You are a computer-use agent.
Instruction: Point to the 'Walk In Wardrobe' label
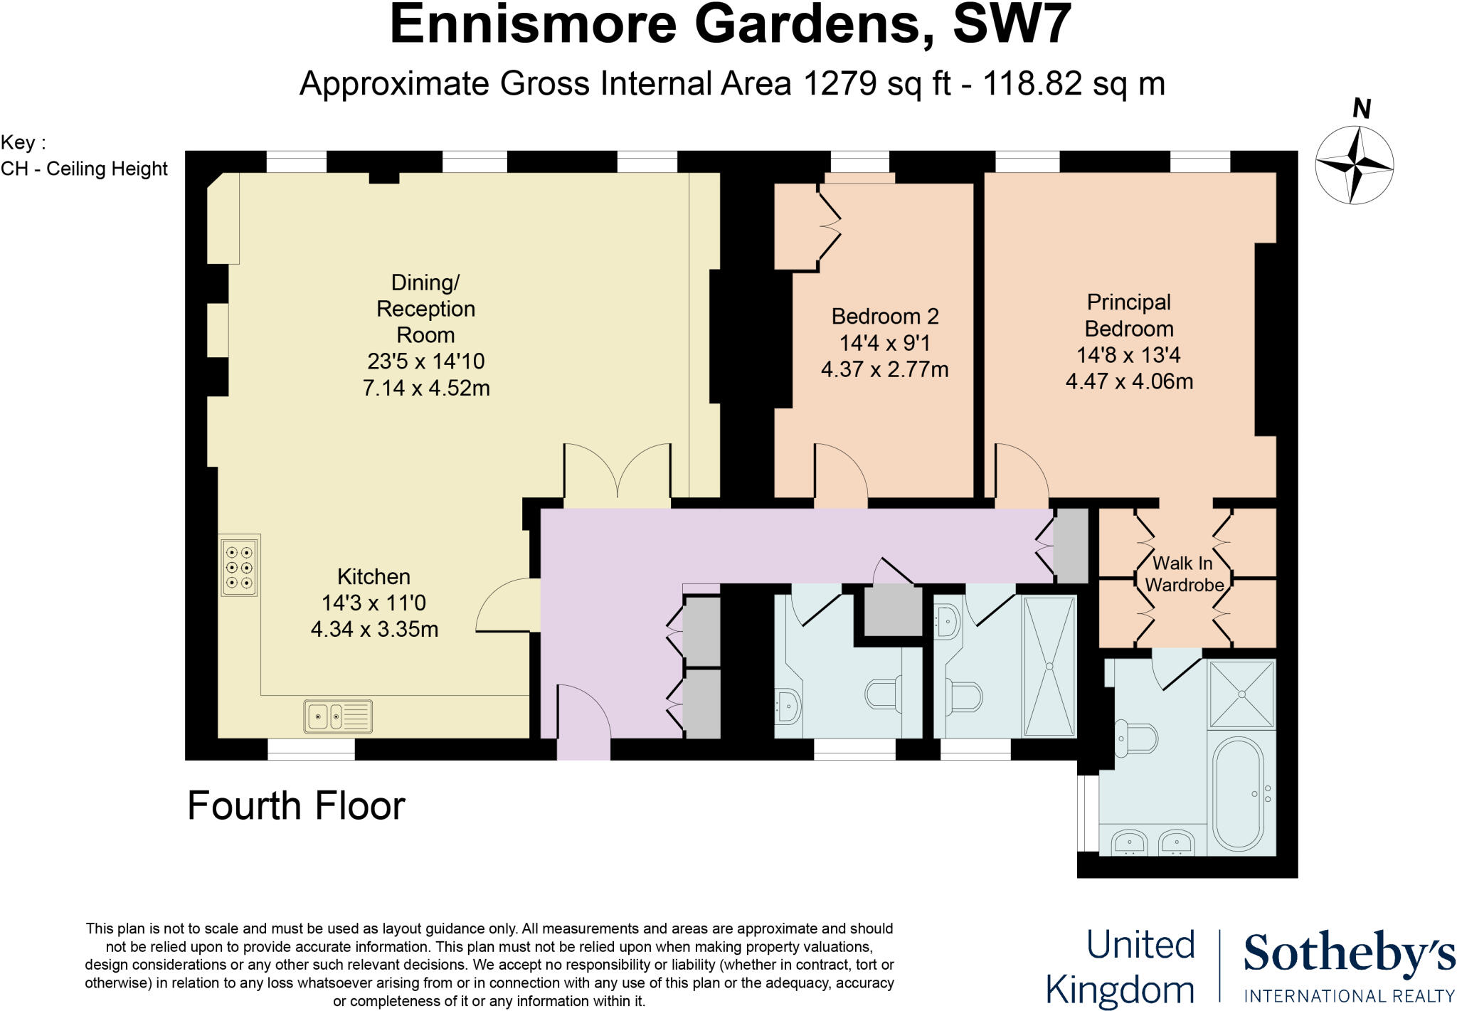click(1183, 574)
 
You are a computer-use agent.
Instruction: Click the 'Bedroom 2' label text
click(885, 317)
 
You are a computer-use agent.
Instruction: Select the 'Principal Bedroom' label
click(1128, 315)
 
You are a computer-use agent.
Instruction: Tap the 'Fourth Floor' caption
click(296, 806)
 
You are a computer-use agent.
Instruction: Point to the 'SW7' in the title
click(1012, 24)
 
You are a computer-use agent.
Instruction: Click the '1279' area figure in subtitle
click(839, 84)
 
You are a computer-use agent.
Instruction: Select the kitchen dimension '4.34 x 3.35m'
click(374, 630)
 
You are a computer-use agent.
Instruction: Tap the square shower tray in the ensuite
click(1241, 694)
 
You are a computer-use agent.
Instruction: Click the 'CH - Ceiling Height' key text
click(85, 169)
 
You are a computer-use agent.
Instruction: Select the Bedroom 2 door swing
click(840, 471)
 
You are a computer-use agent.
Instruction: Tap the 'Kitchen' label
click(373, 576)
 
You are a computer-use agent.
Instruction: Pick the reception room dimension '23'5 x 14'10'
click(425, 361)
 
